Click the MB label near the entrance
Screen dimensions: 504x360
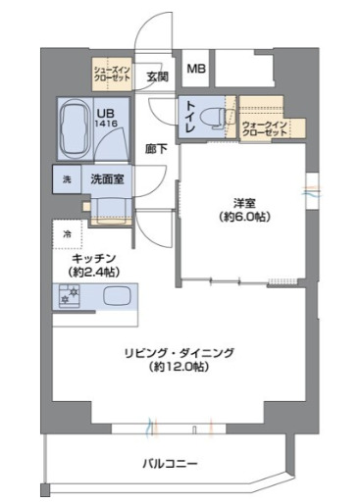tap(196, 69)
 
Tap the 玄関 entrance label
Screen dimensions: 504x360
tap(157, 76)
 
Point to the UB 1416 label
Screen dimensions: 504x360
tap(106, 120)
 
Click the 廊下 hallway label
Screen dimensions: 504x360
tap(157, 150)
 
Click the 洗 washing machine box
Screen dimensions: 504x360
tap(66, 179)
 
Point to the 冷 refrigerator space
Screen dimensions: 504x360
tap(67, 233)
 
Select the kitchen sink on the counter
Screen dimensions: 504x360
tap(116, 295)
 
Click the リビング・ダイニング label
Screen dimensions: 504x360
tap(180, 353)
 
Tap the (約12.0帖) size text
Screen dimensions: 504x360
tap(180, 368)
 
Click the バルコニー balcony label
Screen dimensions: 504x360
tap(170, 463)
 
